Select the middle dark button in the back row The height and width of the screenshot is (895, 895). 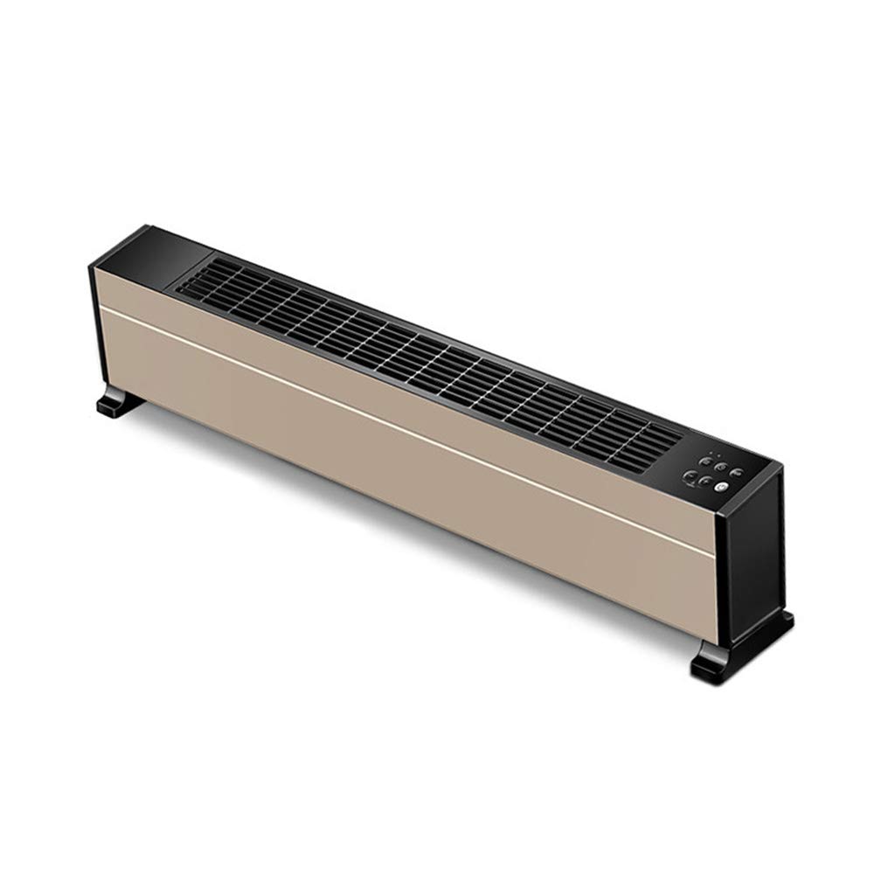coord(721,466)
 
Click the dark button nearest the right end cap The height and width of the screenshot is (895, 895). coord(738,473)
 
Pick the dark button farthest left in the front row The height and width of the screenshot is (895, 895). coord(690,476)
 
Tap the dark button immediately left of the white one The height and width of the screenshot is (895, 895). coord(705,482)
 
